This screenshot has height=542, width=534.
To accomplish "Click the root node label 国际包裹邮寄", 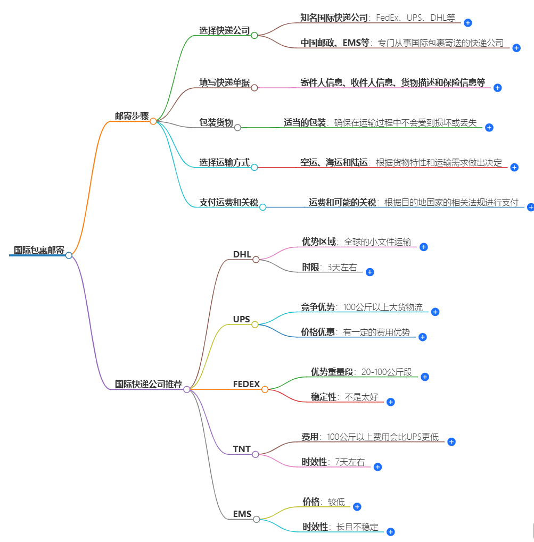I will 39,251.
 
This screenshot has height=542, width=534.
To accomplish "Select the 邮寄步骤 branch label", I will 132,116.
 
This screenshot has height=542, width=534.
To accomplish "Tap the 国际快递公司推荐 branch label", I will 149,384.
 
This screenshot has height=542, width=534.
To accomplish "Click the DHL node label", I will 242,254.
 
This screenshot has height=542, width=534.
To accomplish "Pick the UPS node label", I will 241,319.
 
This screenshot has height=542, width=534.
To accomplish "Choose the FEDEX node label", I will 247,384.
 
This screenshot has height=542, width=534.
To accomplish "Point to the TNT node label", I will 242,449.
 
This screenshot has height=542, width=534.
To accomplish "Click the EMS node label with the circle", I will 242,514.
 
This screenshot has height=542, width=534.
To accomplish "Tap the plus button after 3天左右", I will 370,272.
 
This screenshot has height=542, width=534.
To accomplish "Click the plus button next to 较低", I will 357,507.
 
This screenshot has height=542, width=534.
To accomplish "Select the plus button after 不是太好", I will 390,402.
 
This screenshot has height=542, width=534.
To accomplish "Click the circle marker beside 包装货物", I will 237,128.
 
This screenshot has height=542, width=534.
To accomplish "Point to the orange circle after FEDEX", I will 265,389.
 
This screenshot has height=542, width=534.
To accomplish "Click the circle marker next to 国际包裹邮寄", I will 69,255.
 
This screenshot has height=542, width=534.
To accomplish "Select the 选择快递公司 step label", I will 225,30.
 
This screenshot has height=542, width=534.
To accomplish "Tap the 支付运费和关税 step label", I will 229,202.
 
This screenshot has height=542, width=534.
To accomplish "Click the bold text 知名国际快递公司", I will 334,18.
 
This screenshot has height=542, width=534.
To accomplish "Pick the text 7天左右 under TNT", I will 350,462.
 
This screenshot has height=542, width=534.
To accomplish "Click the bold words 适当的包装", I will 305,122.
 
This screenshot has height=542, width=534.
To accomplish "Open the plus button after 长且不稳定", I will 390,532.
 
